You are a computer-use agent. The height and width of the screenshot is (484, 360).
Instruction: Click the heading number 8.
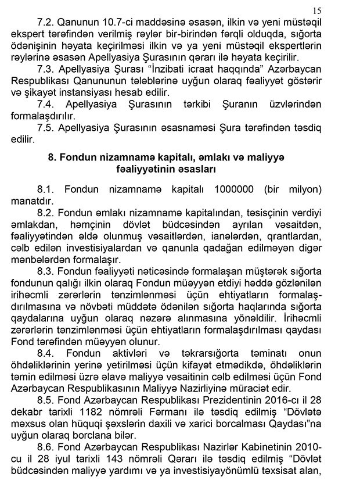[x=52, y=157]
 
